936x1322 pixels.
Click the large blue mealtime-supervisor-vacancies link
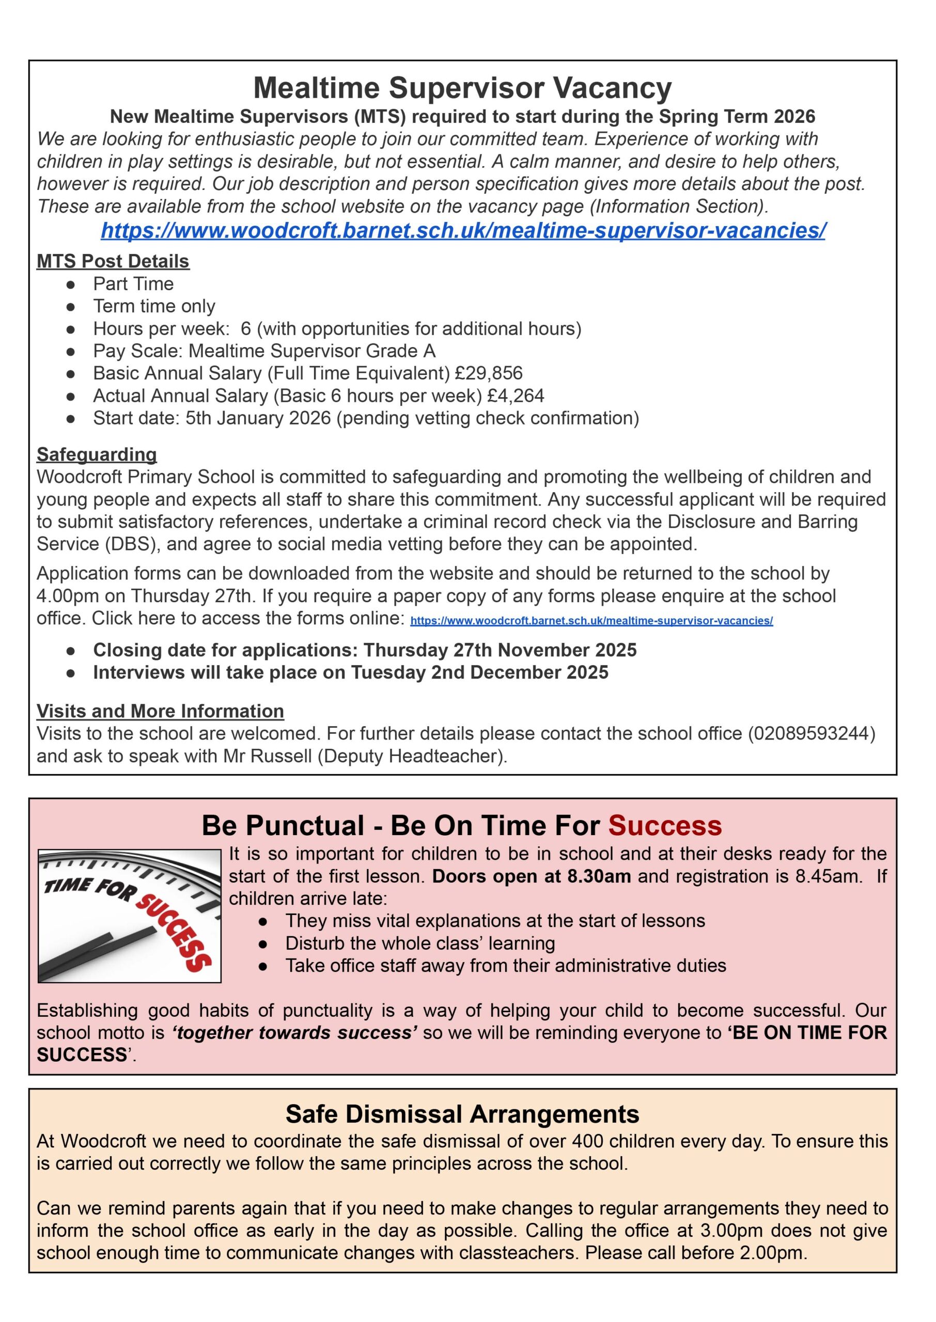point(463,230)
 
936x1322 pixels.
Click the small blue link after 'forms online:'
point(591,620)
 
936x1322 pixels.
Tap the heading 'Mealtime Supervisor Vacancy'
point(462,88)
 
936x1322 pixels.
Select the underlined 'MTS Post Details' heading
point(113,261)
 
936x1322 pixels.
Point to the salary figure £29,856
point(488,373)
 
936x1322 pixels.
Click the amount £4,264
point(515,396)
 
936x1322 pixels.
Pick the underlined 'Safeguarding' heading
point(96,454)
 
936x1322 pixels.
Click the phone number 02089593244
point(812,733)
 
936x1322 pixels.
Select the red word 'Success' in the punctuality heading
point(664,825)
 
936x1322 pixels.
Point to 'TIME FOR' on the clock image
point(89,889)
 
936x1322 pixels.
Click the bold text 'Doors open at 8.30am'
point(531,876)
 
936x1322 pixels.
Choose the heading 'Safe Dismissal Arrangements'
point(462,1114)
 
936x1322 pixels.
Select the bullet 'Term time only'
point(154,306)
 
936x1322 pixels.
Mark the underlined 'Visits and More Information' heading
point(160,711)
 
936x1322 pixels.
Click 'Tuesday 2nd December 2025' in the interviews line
point(479,672)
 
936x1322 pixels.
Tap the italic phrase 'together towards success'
point(294,1032)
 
